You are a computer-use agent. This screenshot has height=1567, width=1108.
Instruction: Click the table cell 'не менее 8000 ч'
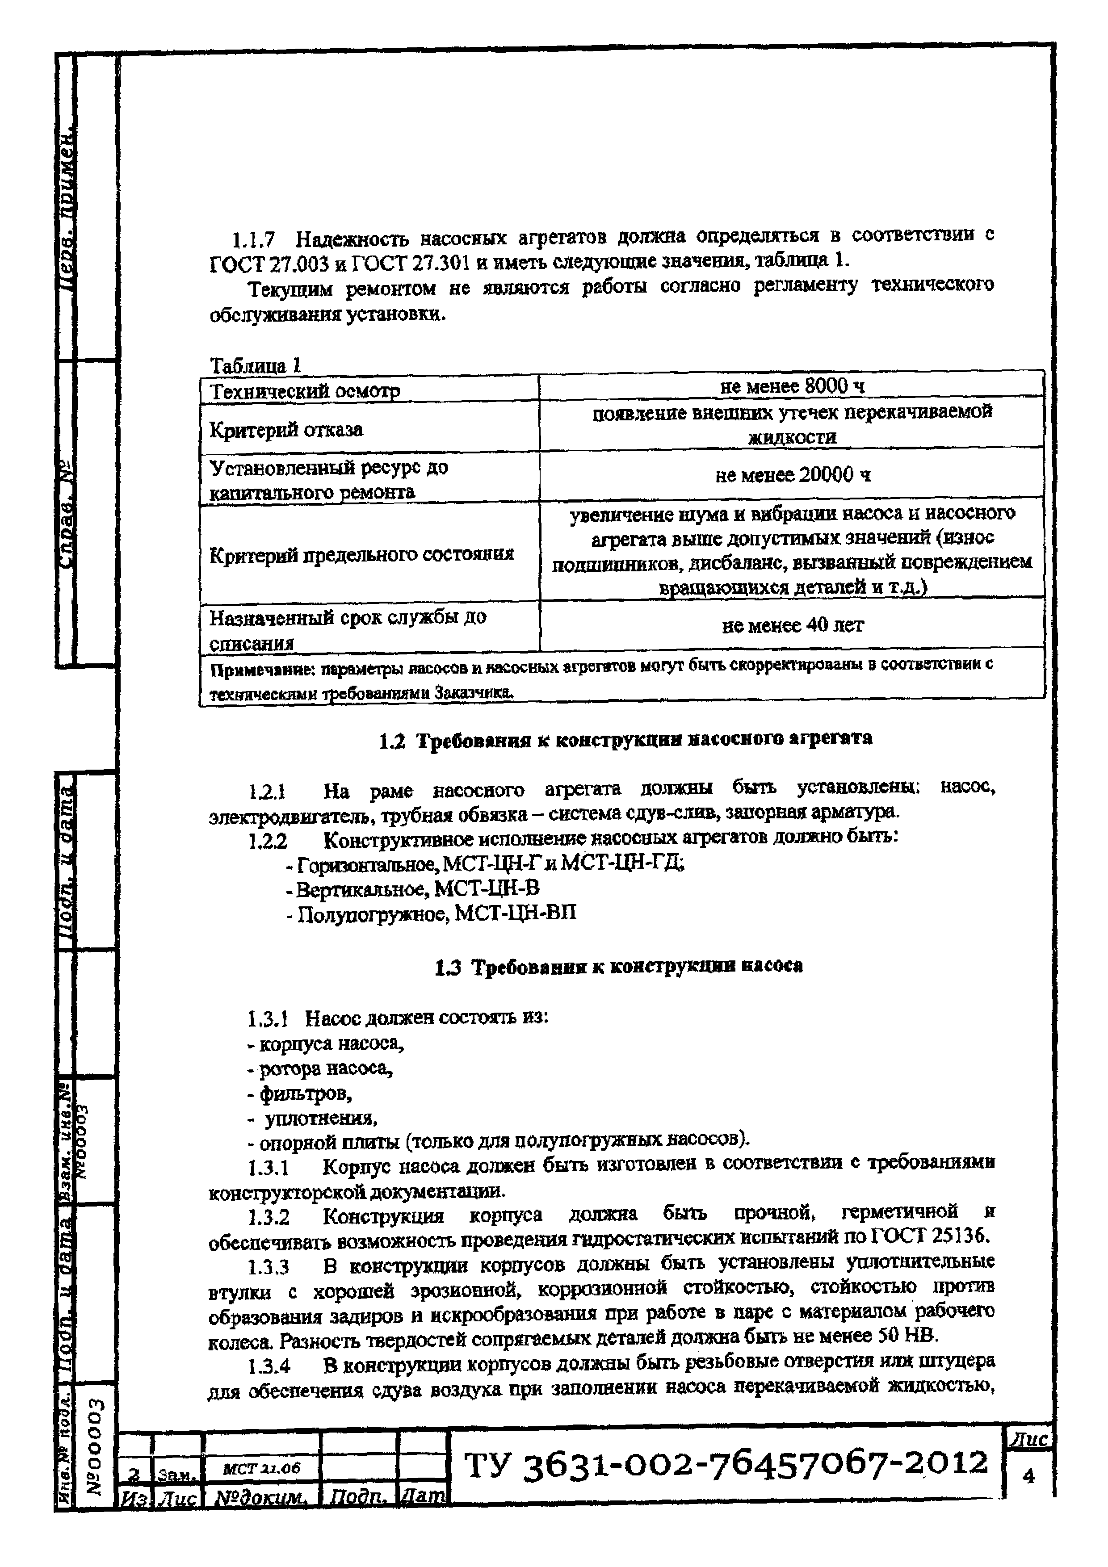792,387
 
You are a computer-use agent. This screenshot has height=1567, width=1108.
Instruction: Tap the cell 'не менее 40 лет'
792,624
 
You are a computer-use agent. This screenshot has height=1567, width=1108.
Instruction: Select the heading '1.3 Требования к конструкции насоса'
618,966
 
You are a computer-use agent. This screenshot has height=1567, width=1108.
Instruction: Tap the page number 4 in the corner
1028,1477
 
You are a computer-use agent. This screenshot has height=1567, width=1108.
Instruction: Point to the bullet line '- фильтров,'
300,1094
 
